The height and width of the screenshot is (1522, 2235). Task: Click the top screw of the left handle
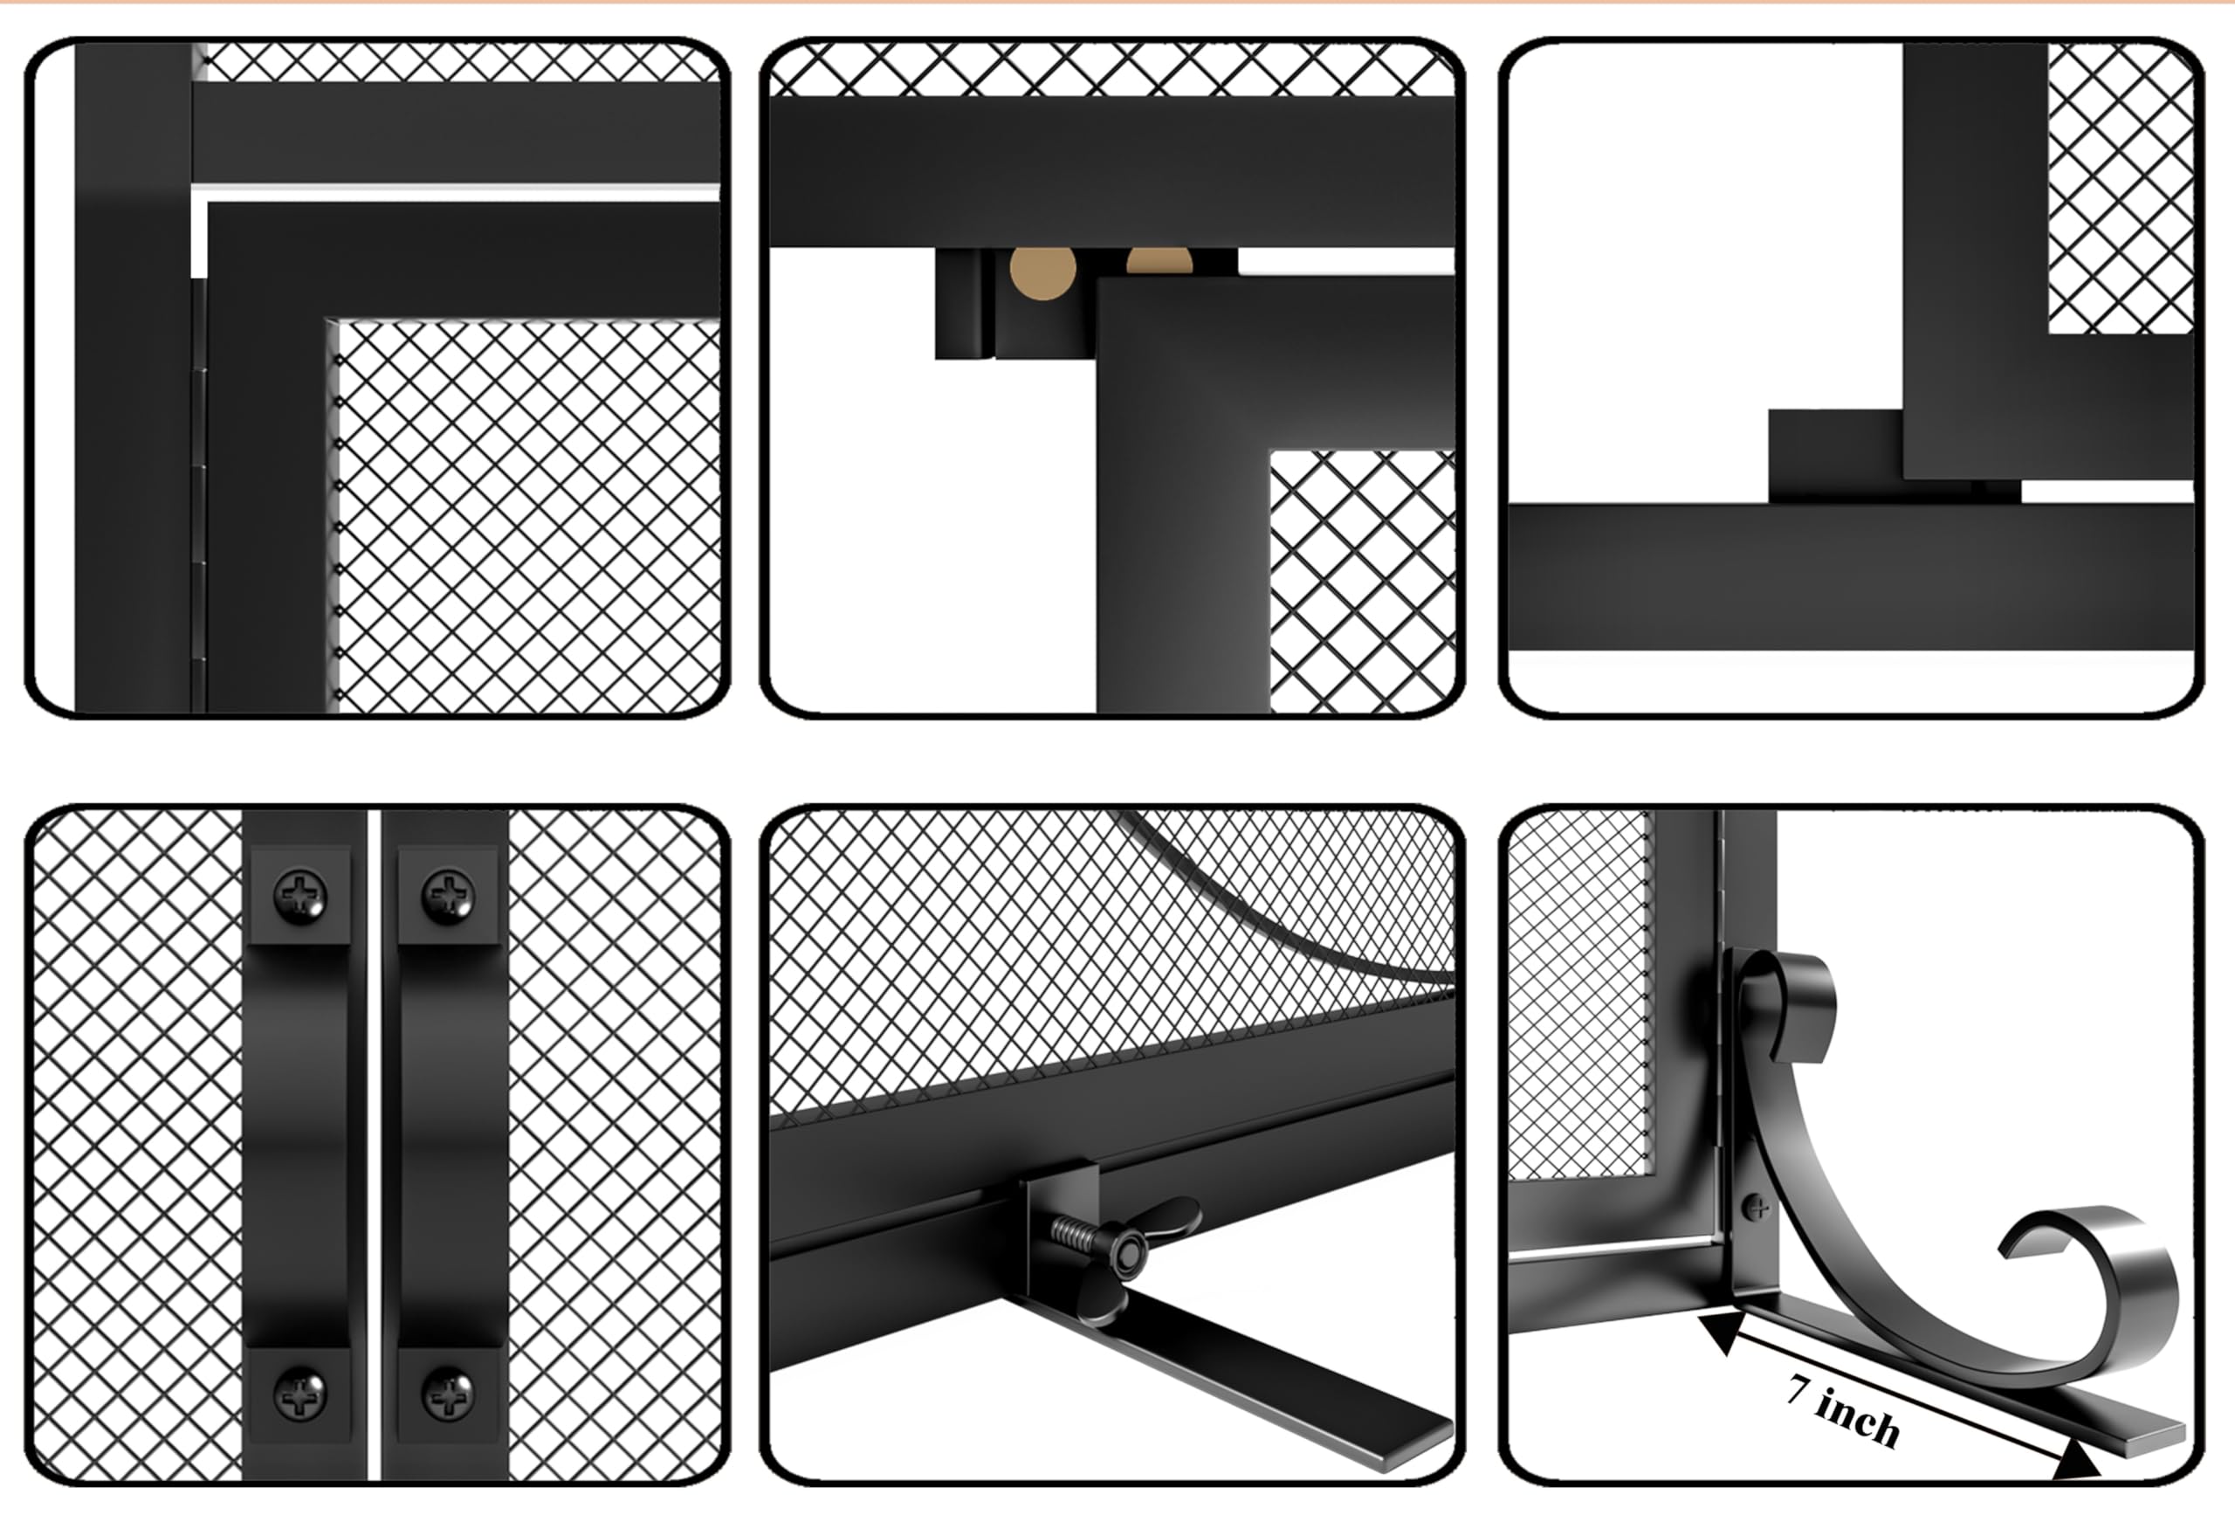(300, 895)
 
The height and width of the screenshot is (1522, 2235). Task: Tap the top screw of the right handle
(449, 895)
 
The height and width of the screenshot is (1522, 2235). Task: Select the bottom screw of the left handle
(300, 1392)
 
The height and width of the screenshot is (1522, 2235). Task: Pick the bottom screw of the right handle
(449, 1392)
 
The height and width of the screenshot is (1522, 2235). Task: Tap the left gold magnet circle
(1042, 273)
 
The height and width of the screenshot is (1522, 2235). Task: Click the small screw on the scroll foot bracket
(1756, 1207)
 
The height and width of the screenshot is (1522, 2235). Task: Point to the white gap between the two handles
(375, 1145)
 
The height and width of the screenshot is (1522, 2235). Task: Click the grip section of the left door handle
(300, 1145)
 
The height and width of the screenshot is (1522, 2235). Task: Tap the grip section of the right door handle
(449, 1145)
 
